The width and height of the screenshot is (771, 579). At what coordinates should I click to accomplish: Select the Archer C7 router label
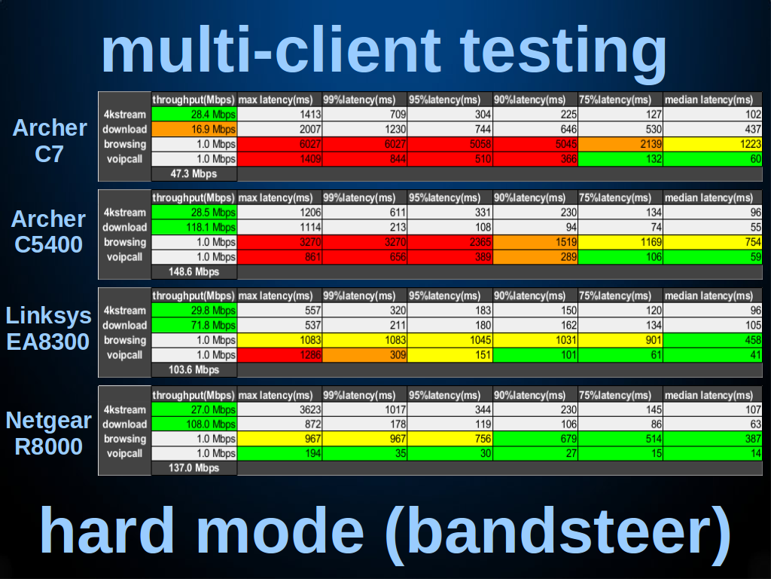click(49, 141)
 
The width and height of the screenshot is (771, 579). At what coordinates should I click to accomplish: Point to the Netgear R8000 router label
click(48, 433)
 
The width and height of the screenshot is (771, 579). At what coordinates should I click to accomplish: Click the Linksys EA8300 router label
click(48, 329)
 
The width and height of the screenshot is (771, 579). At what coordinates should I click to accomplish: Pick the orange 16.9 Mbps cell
click(194, 130)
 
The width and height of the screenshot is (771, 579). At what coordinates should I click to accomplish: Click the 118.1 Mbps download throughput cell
click(194, 228)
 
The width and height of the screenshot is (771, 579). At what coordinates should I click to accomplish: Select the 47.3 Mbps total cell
click(194, 174)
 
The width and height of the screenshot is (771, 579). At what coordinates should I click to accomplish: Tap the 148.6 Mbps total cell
click(194, 271)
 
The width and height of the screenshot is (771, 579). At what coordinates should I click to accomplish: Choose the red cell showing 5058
click(450, 144)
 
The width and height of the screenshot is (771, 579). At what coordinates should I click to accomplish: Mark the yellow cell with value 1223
click(712, 144)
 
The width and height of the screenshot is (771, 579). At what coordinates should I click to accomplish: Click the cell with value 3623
click(279, 409)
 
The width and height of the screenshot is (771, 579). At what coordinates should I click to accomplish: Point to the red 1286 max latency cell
click(279, 355)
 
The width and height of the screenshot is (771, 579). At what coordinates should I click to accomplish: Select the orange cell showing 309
click(364, 355)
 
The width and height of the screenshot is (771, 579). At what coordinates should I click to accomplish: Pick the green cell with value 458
click(712, 340)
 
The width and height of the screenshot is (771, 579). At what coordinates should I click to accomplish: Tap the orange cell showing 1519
click(535, 242)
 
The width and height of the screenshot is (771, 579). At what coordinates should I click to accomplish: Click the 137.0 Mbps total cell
click(194, 467)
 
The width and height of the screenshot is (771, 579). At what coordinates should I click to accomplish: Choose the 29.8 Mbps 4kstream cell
click(194, 311)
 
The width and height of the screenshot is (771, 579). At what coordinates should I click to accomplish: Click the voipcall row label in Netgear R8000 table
click(124, 453)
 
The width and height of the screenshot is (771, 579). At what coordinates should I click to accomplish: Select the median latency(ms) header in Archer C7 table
click(709, 100)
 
